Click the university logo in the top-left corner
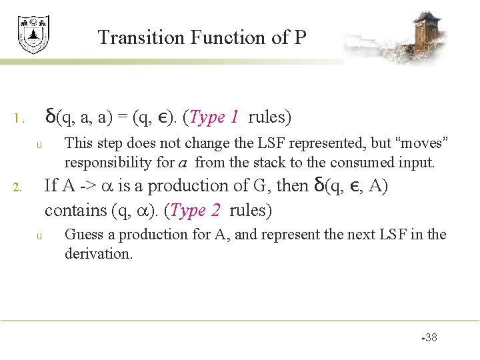[x=33, y=34]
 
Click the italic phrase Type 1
[x=214, y=118]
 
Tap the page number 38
[x=431, y=338]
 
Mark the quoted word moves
[x=422, y=143]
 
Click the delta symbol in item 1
[x=50, y=117]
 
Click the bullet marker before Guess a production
[x=39, y=236]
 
